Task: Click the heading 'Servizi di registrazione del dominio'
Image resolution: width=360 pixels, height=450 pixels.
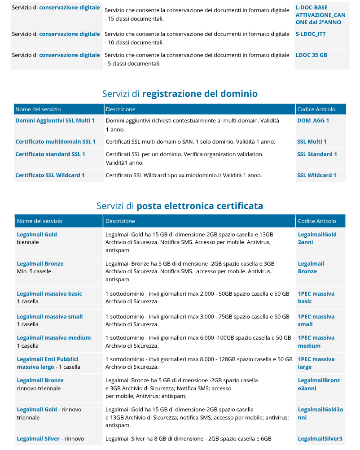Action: pyautogui.click(x=180, y=94)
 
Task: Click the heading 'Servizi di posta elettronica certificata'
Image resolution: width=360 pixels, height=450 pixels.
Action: pyautogui.click(x=180, y=206)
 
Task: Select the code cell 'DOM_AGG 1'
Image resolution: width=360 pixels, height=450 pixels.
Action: pyautogui.click(x=313, y=121)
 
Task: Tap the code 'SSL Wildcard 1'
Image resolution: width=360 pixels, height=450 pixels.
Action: pyautogui.click(x=316, y=175)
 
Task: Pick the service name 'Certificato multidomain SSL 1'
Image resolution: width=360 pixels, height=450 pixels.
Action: pyautogui.click(x=55, y=142)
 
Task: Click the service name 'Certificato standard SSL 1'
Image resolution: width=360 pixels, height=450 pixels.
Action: pyautogui.click(x=50, y=154)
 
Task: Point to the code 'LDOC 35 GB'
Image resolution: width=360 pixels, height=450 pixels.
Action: pyautogui.click(x=311, y=55)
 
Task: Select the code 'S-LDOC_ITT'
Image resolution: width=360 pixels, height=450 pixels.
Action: pyautogui.click(x=310, y=34)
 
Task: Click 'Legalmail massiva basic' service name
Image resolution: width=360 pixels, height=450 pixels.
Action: pyautogui.click(x=49, y=294)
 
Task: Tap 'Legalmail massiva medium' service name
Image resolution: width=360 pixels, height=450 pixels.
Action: pyautogui.click(x=54, y=338)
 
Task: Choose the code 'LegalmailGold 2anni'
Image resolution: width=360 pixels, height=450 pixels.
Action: pyautogui.click(x=317, y=238)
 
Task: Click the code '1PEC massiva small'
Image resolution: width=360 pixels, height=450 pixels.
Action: pyautogui.click(x=316, y=320)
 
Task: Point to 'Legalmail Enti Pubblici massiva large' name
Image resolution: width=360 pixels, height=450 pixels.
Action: pyautogui.click(x=48, y=363)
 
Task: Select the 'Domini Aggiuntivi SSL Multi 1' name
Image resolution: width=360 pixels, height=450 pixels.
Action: pyautogui.click(x=55, y=121)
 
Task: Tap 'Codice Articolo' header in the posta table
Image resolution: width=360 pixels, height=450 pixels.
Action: pyautogui.click(x=316, y=221)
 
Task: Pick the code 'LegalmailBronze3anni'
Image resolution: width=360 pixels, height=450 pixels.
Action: pyautogui.click(x=319, y=384)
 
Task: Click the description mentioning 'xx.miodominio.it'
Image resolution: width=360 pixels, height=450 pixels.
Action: pyautogui.click(x=184, y=175)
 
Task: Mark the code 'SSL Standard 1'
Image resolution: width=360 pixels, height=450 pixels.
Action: pyautogui.click(x=317, y=154)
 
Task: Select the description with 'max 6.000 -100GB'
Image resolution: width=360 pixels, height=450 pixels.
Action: pyautogui.click(x=197, y=342)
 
